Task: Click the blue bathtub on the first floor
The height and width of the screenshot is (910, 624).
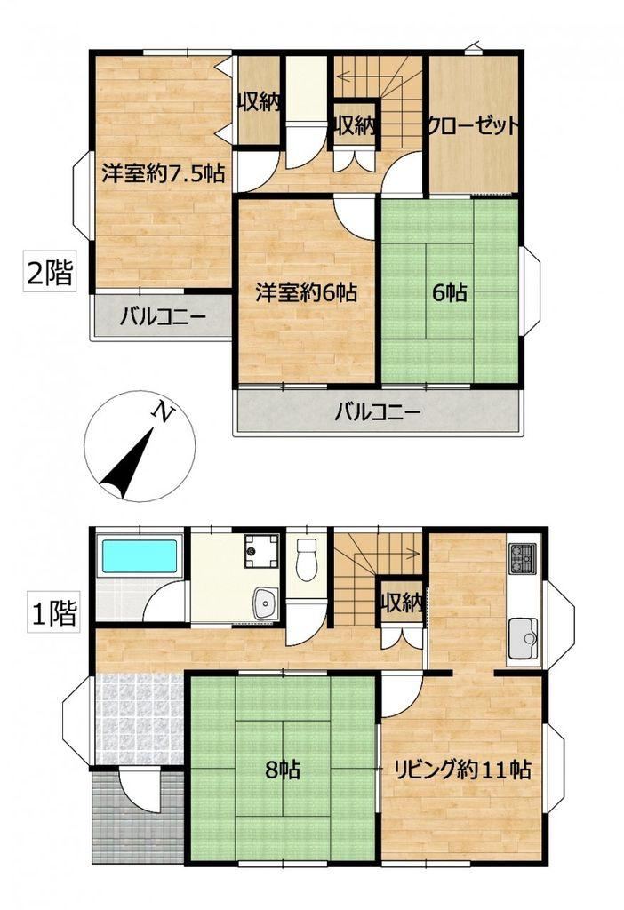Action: (140, 556)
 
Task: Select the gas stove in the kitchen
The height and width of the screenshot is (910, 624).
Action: (522, 558)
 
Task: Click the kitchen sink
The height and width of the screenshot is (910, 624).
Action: (523, 638)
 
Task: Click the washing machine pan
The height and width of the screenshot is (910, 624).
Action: (260, 550)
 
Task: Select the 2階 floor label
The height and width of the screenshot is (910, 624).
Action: (51, 272)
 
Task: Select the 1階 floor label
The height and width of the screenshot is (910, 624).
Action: (53, 613)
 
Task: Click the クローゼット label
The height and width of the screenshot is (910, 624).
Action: (472, 125)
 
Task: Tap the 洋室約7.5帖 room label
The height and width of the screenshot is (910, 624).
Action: (164, 172)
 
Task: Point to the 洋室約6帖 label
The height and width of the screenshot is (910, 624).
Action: (307, 291)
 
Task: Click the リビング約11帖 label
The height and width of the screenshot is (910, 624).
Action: (462, 770)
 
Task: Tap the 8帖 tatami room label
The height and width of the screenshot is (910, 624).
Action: (283, 770)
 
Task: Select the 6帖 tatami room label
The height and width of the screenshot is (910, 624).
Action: (450, 292)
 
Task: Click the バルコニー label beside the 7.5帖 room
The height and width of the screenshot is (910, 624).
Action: (163, 317)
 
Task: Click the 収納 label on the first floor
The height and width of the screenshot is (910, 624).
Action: (402, 604)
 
